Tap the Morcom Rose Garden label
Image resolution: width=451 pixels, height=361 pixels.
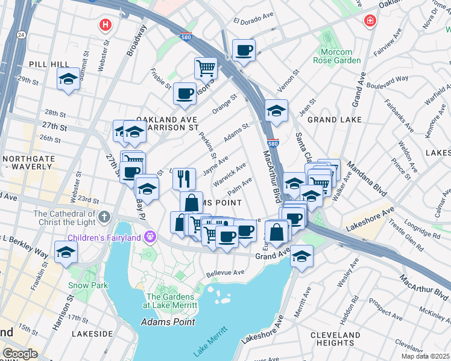[336, 56]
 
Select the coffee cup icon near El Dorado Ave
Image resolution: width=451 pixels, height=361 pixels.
[244, 51]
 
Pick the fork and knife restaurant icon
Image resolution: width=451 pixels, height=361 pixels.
[184, 178]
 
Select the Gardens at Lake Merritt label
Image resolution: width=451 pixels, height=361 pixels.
[170, 301]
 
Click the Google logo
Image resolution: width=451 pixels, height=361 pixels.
[20, 354]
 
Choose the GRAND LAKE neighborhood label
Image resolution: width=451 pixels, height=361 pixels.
[330, 120]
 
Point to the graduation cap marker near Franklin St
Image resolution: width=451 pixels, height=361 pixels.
[66, 251]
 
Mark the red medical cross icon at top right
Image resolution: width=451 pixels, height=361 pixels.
[369, 22]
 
